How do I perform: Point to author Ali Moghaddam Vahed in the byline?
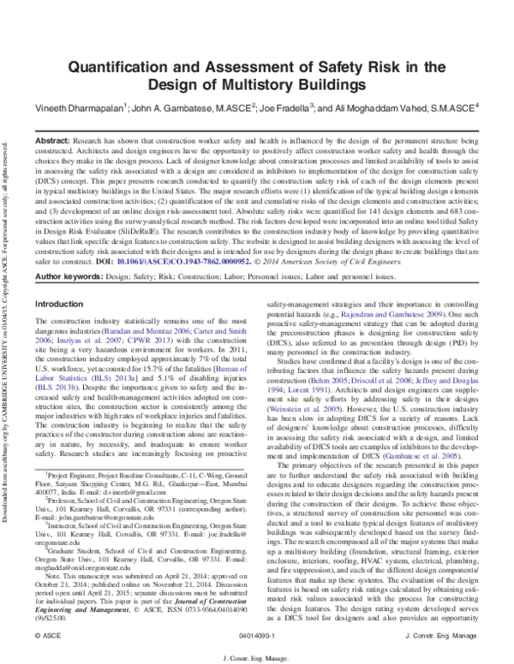[393, 109]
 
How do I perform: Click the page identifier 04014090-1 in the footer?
[257, 637]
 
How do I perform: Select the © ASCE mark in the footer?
[41, 637]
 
